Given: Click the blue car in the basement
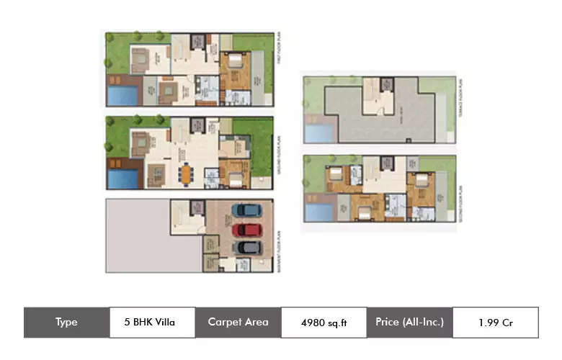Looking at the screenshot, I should pyautogui.click(x=247, y=210).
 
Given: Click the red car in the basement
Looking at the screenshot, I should pyautogui.click(x=247, y=229).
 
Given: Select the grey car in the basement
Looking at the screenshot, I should pyautogui.click(x=247, y=247).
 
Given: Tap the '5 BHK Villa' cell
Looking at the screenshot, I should pyautogui.click(x=152, y=323).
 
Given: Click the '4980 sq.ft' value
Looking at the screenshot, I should pyautogui.click(x=324, y=323).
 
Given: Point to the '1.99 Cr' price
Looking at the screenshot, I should pyautogui.click(x=495, y=323).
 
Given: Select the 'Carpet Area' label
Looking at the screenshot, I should pyautogui.click(x=238, y=323).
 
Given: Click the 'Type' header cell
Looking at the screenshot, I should pyautogui.click(x=66, y=323).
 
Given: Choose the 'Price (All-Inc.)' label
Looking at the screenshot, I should pyautogui.click(x=409, y=323).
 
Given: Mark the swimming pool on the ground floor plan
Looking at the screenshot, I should pyautogui.click(x=122, y=178).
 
